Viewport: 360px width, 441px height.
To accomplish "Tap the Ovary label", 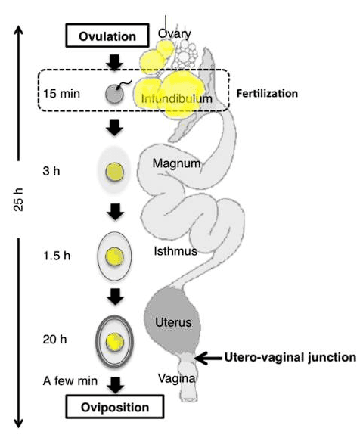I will pyautogui.click(x=174, y=34).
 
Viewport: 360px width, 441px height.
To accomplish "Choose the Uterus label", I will pyautogui.click(x=173, y=322).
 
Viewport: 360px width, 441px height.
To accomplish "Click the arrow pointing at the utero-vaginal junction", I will pyautogui.click(x=205, y=356).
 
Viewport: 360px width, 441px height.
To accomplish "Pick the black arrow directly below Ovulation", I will pyautogui.click(x=114, y=61).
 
